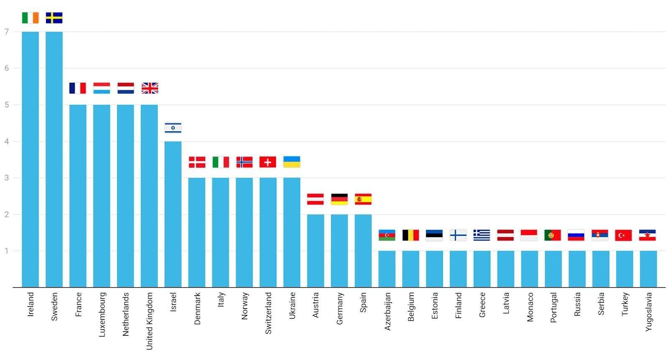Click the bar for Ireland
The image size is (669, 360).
pos(30,159)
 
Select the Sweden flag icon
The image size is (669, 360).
pos(54,18)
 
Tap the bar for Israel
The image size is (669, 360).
pos(173,214)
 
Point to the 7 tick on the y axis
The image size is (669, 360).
pos(7,32)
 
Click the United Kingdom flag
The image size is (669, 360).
pos(150,88)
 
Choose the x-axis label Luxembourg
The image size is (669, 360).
pos(102,314)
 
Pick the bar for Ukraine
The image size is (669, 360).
pos(291,232)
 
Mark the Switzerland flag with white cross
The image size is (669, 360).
pos(268,162)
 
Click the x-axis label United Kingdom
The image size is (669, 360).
pos(149,321)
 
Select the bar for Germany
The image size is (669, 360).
pos(339,251)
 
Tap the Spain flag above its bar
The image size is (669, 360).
pos(363,199)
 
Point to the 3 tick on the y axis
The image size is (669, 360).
pos(7,178)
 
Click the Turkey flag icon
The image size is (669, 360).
pos(623,235)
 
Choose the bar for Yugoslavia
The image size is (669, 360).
pos(648,269)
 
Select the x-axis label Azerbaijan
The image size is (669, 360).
pos(387,311)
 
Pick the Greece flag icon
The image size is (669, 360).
pos(482,235)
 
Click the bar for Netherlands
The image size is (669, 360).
pos(125,196)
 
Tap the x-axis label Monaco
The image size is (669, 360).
pos(530,307)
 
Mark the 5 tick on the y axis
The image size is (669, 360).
pos(7,105)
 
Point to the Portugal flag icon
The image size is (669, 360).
pos(553,235)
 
